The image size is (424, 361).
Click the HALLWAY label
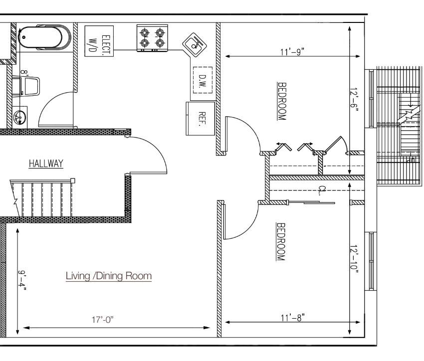click(x=46, y=164)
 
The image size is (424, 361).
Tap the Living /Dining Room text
click(x=109, y=276)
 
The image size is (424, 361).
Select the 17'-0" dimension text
click(x=102, y=320)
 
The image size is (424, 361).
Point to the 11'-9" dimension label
click(x=292, y=52)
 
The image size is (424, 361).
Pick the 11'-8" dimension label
click(x=292, y=318)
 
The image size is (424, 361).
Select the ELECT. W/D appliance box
click(x=99, y=41)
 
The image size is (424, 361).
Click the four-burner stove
click(x=152, y=38)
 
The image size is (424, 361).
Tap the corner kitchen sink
click(x=195, y=44)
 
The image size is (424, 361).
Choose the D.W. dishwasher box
click(x=203, y=80)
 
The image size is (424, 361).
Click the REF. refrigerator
click(x=201, y=119)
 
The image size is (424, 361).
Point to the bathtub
click(x=44, y=37)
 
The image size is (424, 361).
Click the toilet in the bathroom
click(x=26, y=86)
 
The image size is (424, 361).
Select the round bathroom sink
click(x=20, y=117)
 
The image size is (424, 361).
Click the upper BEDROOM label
click(x=282, y=101)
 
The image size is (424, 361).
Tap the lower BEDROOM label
click(x=281, y=241)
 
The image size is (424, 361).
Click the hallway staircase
click(x=42, y=198)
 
